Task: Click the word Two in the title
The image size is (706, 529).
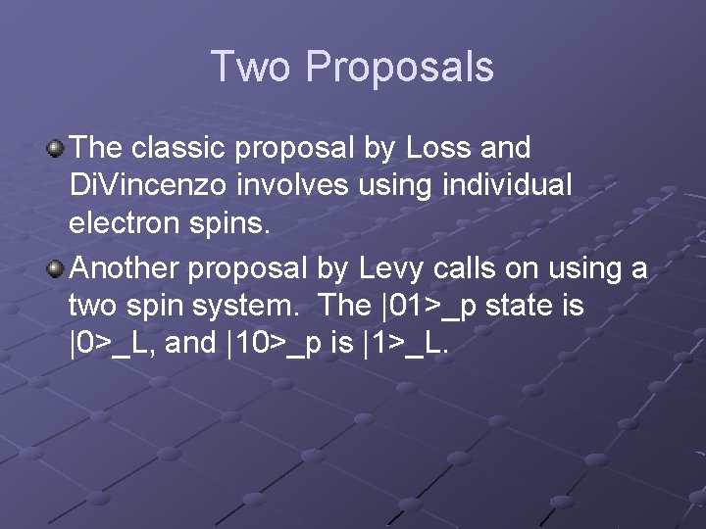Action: click(x=251, y=67)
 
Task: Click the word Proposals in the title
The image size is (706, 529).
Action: click(x=399, y=67)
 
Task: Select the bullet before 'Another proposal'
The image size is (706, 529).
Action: click(x=56, y=268)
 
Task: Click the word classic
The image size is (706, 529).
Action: click(x=173, y=149)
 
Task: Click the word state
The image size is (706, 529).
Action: click(x=529, y=306)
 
